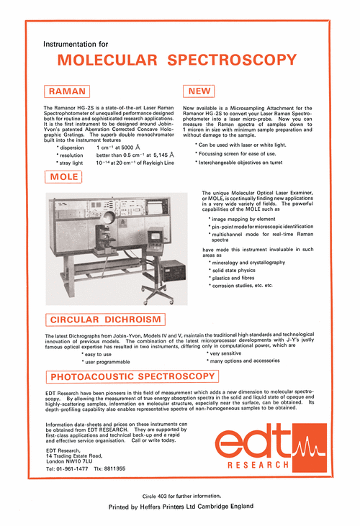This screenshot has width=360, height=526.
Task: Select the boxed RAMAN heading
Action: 68,91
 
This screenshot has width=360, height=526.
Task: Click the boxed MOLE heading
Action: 65,177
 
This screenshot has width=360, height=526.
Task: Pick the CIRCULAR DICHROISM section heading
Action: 107,319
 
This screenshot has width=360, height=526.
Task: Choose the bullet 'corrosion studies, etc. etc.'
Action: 242,286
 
